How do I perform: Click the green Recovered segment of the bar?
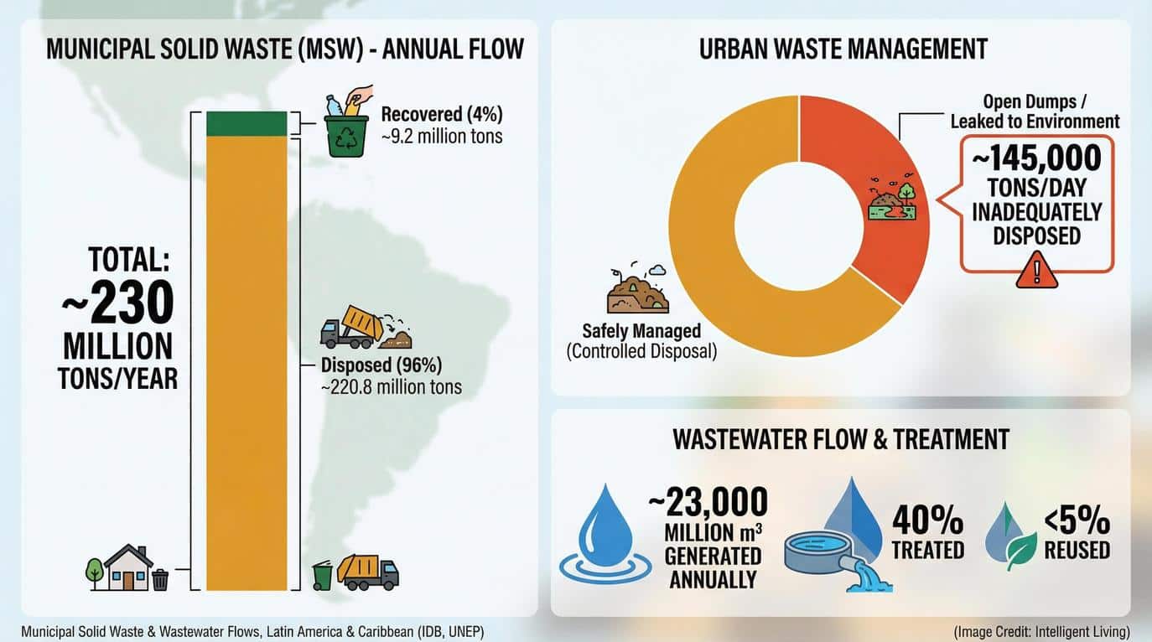coord(246,123)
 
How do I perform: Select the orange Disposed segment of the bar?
coord(246,360)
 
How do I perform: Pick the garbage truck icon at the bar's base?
coord(367,572)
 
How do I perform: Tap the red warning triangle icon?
coord(1036,271)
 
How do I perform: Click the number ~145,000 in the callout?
coord(1036,158)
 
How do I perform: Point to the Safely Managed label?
coord(641,331)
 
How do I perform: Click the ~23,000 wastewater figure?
coord(708,502)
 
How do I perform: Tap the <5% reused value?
coord(1077,521)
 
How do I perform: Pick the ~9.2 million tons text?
coord(441,135)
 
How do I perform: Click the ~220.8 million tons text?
coord(391,386)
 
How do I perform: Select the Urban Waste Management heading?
coord(843,49)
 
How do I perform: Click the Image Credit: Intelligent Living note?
coord(1041,631)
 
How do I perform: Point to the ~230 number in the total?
coord(118,303)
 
